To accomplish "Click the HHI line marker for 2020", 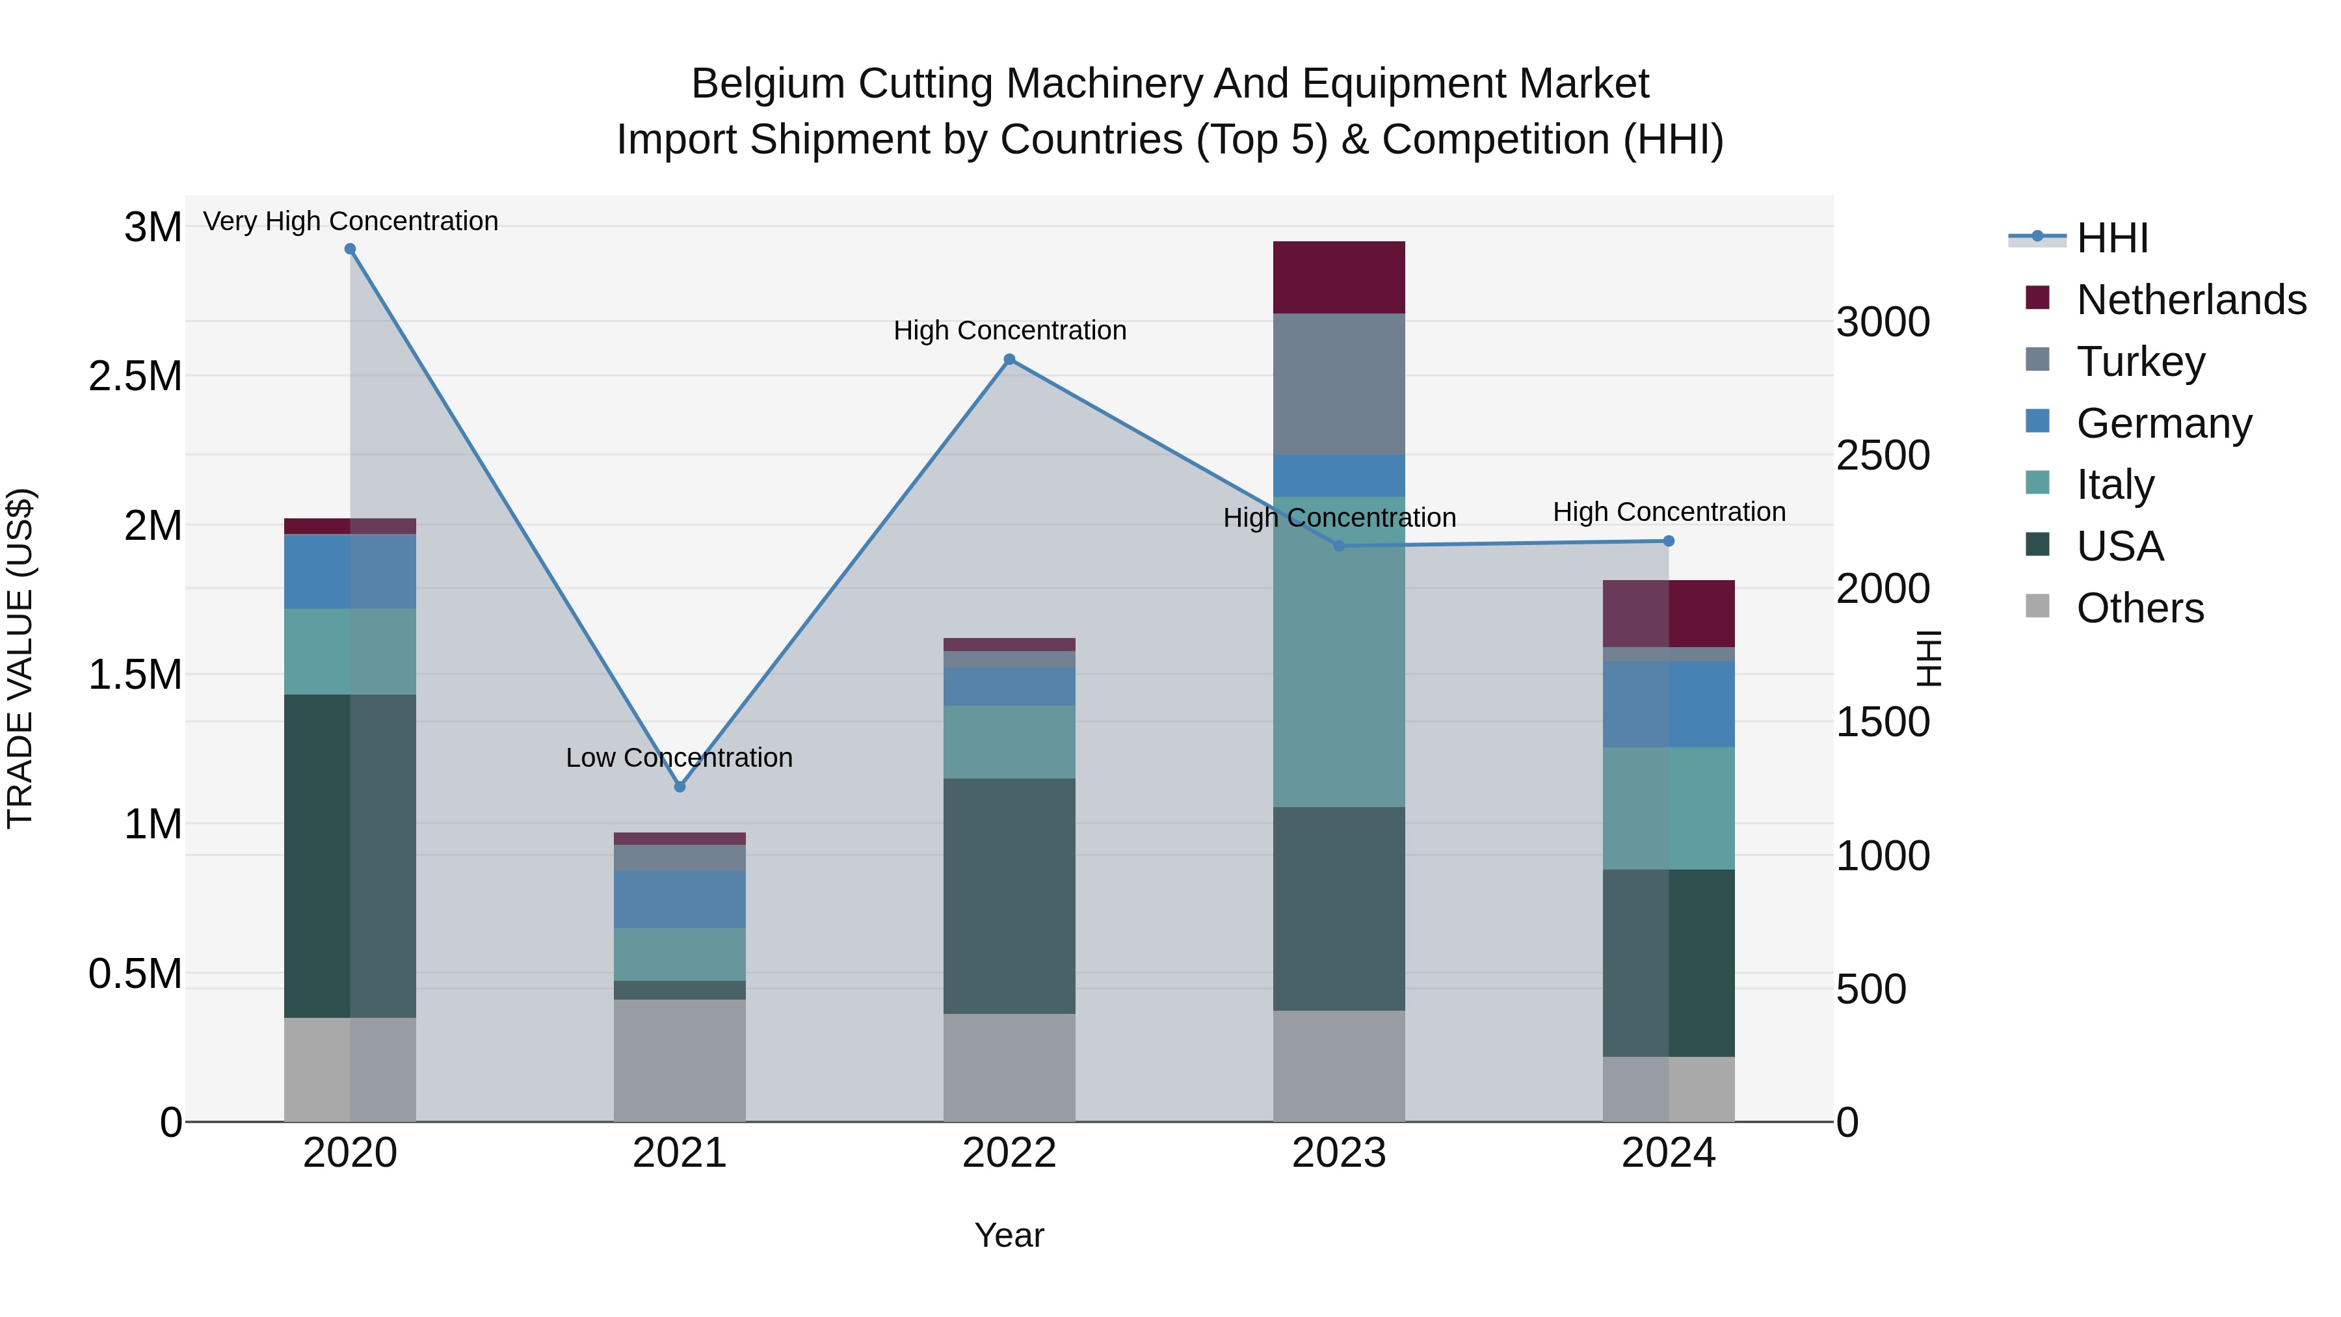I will [350, 249].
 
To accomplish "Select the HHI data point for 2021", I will [680, 786].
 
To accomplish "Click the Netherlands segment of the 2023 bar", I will [1339, 277].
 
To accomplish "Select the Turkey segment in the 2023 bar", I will [1339, 384].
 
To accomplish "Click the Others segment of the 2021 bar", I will [680, 1060].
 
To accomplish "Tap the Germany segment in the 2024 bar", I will [1669, 704].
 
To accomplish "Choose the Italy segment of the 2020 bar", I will [350, 652].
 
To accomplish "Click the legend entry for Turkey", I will [2140, 362].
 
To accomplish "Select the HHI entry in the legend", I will [2111, 238].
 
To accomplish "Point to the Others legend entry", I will [2139, 608].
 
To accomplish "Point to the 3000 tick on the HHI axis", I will [1883, 323].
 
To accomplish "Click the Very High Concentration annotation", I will [350, 221].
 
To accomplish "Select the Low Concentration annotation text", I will [679, 757].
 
